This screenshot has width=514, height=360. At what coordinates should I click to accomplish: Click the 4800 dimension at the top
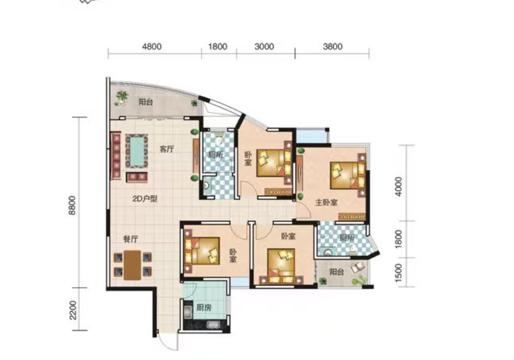152,46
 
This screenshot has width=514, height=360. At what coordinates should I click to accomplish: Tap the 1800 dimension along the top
218,46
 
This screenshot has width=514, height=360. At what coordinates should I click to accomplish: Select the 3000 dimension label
264,46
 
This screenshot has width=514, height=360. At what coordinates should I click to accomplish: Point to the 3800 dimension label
332,46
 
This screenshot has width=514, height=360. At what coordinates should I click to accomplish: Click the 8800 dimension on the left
72,205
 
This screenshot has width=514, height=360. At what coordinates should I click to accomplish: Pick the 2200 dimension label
73,310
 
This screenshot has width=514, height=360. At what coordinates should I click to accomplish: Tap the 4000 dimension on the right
398,187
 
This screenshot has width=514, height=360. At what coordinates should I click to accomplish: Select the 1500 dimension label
398,272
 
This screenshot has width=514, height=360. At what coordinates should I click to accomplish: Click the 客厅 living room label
167,149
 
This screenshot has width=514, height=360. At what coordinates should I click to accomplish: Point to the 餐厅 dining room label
130,239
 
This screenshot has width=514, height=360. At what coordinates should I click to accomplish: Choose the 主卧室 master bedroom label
326,203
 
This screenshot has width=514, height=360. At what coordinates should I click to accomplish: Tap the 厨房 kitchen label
204,308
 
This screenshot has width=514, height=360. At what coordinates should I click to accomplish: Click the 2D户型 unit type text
145,198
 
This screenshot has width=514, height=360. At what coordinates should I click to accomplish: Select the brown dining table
132,265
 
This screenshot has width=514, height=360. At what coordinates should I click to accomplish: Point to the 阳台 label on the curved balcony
146,102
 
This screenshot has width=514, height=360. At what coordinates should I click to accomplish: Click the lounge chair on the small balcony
357,267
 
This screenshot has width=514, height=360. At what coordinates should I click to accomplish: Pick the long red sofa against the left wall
116,156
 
